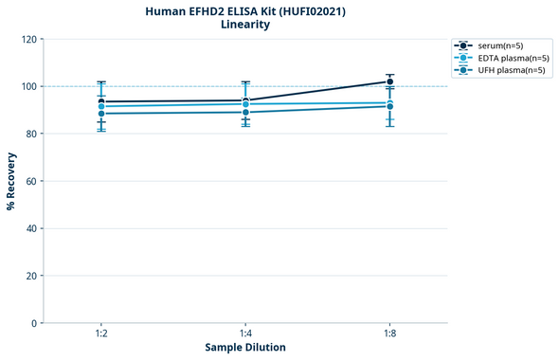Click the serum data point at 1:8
pyautogui.click(x=390, y=81)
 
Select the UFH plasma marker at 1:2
pyautogui.click(x=101, y=114)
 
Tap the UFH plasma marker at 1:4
pyautogui.click(x=245, y=113)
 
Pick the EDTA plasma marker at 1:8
pyautogui.click(x=390, y=103)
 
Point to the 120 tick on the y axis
pyautogui.click(x=29, y=39)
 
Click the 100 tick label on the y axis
pyautogui.click(x=29, y=86)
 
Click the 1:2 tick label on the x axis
pyautogui.click(x=101, y=333)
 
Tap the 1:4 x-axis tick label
pyautogui.click(x=245, y=333)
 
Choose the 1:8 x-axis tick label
pyautogui.click(x=390, y=333)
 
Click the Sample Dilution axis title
pyautogui.click(x=245, y=348)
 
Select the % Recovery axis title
pyautogui.click(x=11, y=181)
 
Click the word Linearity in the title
pyautogui.click(x=245, y=25)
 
